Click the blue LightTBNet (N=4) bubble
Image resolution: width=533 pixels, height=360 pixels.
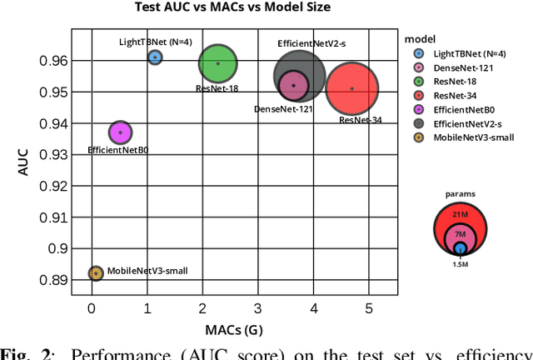point(155,57)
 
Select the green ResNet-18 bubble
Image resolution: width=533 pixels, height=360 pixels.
point(218,63)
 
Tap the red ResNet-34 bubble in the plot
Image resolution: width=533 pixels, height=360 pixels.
point(352,88)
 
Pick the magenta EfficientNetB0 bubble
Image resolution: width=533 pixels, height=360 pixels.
point(121,132)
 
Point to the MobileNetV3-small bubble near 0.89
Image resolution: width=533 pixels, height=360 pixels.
point(96,273)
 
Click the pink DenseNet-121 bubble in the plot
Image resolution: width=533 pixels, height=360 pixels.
point(293,85)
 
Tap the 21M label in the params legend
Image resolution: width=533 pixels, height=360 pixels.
point(460,213)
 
